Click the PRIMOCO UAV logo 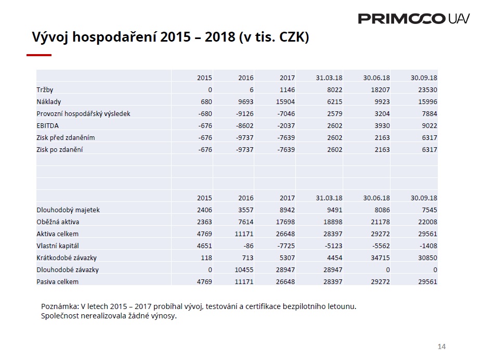pyautogui.click(x=413, y=19)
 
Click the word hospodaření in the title pyautogui.click(x=115, y=37)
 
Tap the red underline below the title pyautogui.click(x=39, y=55)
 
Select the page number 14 pyautogui.click(x=441, y=346)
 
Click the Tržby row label pyautogui.click(x=45, y=89)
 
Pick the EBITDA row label pyautogui.click(x=47, y=125)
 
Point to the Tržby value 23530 pyautogui.click(x=427, y=89)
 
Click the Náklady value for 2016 pyautogui.click(x=244, y=101)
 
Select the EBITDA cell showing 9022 pyautogui.click(x=430, y=125)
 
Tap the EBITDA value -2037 pyautogui.click(x=286, y=125)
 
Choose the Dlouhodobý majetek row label pyautogui.click(x=68, y=210)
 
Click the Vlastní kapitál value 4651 pyautogui.click(x=204, y=246)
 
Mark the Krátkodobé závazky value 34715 pyautogui.click(x=380, y=258)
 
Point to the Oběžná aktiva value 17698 pyautogui.click(x=285, y=222)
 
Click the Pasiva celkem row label pyautogui.click(x=57, y=282)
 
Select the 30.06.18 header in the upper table pyautogui.click(x=376, y=78)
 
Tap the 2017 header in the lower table pyautogui.click(x=287, y=198)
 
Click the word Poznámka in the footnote pyautogui.click(x=60, y=306)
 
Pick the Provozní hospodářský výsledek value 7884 pyautogui.click(x=430, y=113)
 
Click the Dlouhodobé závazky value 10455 pyautogui.click(x=244, y=270)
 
